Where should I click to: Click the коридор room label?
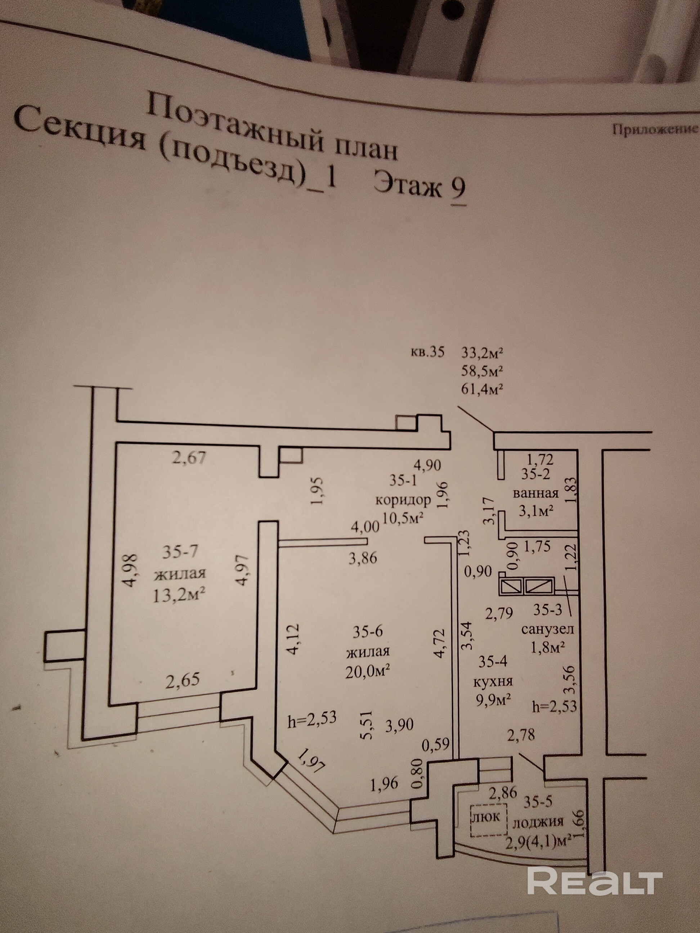tap(403, 500)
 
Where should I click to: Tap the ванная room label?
tap(535, 493)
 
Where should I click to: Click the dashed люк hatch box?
tap(489, 817)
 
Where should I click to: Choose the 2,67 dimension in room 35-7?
tap(189, 457)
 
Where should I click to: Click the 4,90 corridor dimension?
tap(428, 465)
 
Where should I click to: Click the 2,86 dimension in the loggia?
tap(502, 792)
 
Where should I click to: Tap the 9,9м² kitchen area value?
tap(494, 700)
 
